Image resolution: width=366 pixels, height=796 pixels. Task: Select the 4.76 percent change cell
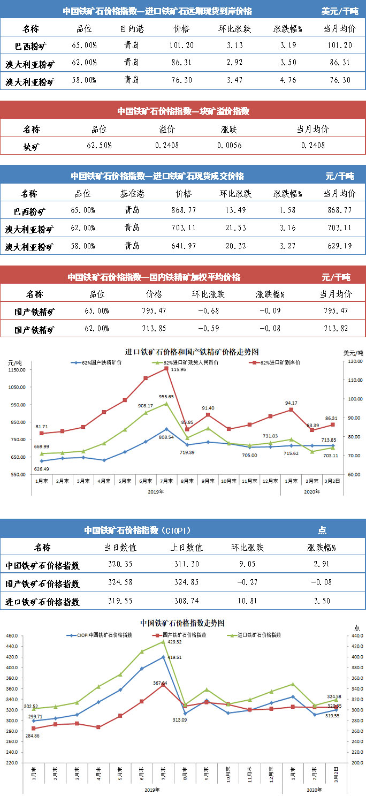click(288, 81)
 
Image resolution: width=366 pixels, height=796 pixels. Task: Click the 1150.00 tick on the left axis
click(17, 370)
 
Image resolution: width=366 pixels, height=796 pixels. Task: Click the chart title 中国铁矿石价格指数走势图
click(182, 623)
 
